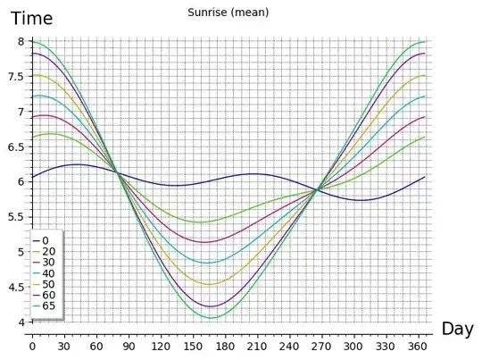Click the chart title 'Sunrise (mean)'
(229, 13)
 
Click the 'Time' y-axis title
(31, 18)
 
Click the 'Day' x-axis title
(457, 329)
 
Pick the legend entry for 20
(49, 252)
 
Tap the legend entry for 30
(49, 263)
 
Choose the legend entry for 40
(49, 273)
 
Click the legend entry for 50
(49, 284)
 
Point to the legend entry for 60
(49, 295)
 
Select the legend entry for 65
(49, 306)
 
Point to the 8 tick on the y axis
(21, 42)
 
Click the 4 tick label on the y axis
(21, 322)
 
